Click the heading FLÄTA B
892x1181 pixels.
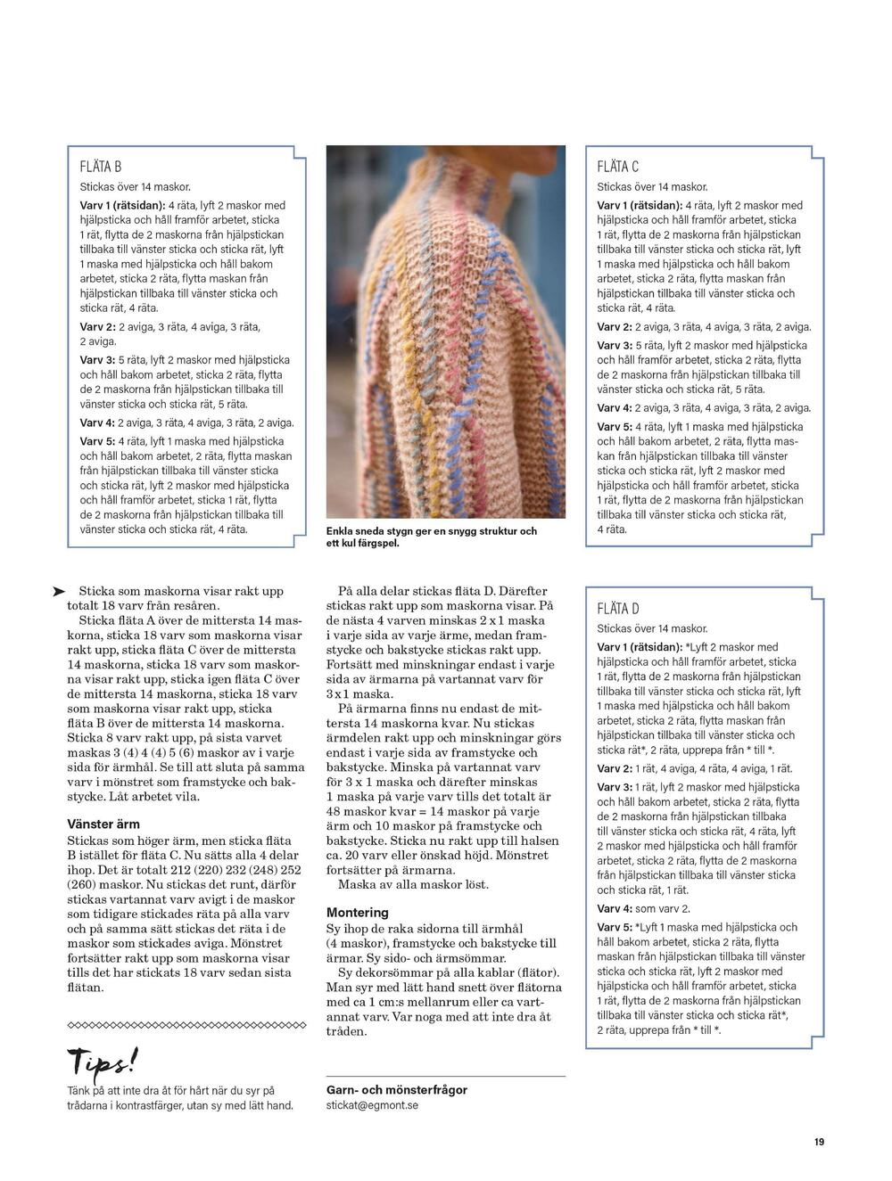pos(101,167)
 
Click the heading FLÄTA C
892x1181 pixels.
pos(617,167)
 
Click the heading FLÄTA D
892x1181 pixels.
pos(617,609)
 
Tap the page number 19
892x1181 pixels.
pos(818,1142)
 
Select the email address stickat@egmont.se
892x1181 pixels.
pos(372,1105)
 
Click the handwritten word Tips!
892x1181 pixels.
pos(103,1062)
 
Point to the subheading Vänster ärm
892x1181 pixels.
pos(103,824)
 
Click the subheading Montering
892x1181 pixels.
pos(357,913)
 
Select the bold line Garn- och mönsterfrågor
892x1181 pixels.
pos(397,1089)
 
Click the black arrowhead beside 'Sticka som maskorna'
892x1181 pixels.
pos(59,591)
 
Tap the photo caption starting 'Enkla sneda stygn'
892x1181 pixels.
pos(431,537)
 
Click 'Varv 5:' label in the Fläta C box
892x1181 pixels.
pos(615,427)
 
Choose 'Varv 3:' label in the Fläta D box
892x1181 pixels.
pos(615,787)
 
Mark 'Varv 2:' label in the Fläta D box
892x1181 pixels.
pos(615,768)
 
